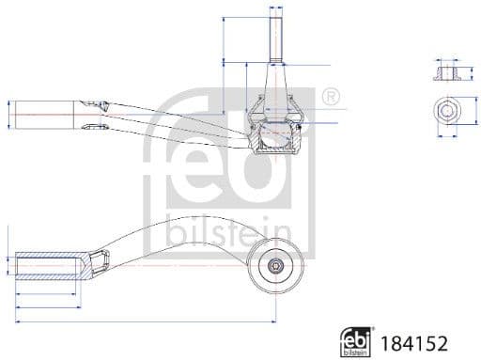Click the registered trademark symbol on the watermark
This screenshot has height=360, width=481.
click(x=331, y=96)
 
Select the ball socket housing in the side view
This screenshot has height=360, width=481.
click(x=277, y=132)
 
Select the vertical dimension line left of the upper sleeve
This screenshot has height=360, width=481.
click(x=8, y=114)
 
